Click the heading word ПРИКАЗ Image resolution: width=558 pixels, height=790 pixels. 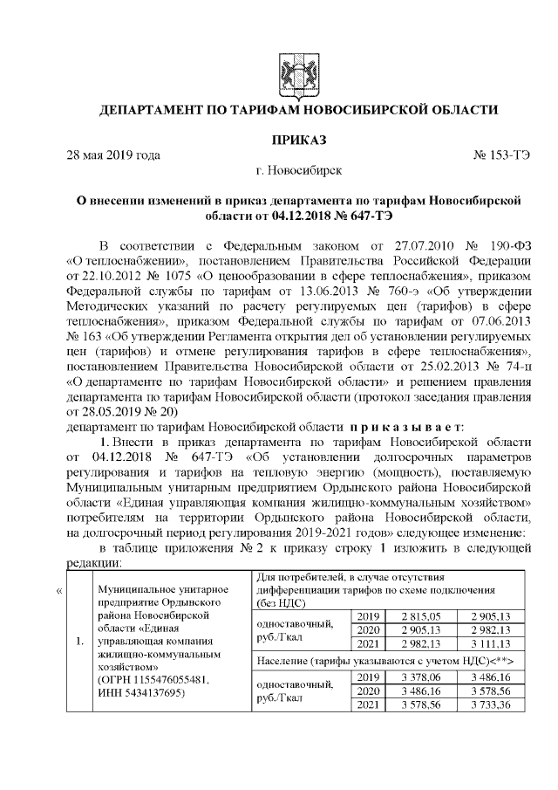(299, 140)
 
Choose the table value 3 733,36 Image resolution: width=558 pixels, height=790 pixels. (493, 707)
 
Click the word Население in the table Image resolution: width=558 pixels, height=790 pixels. (281, 663)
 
